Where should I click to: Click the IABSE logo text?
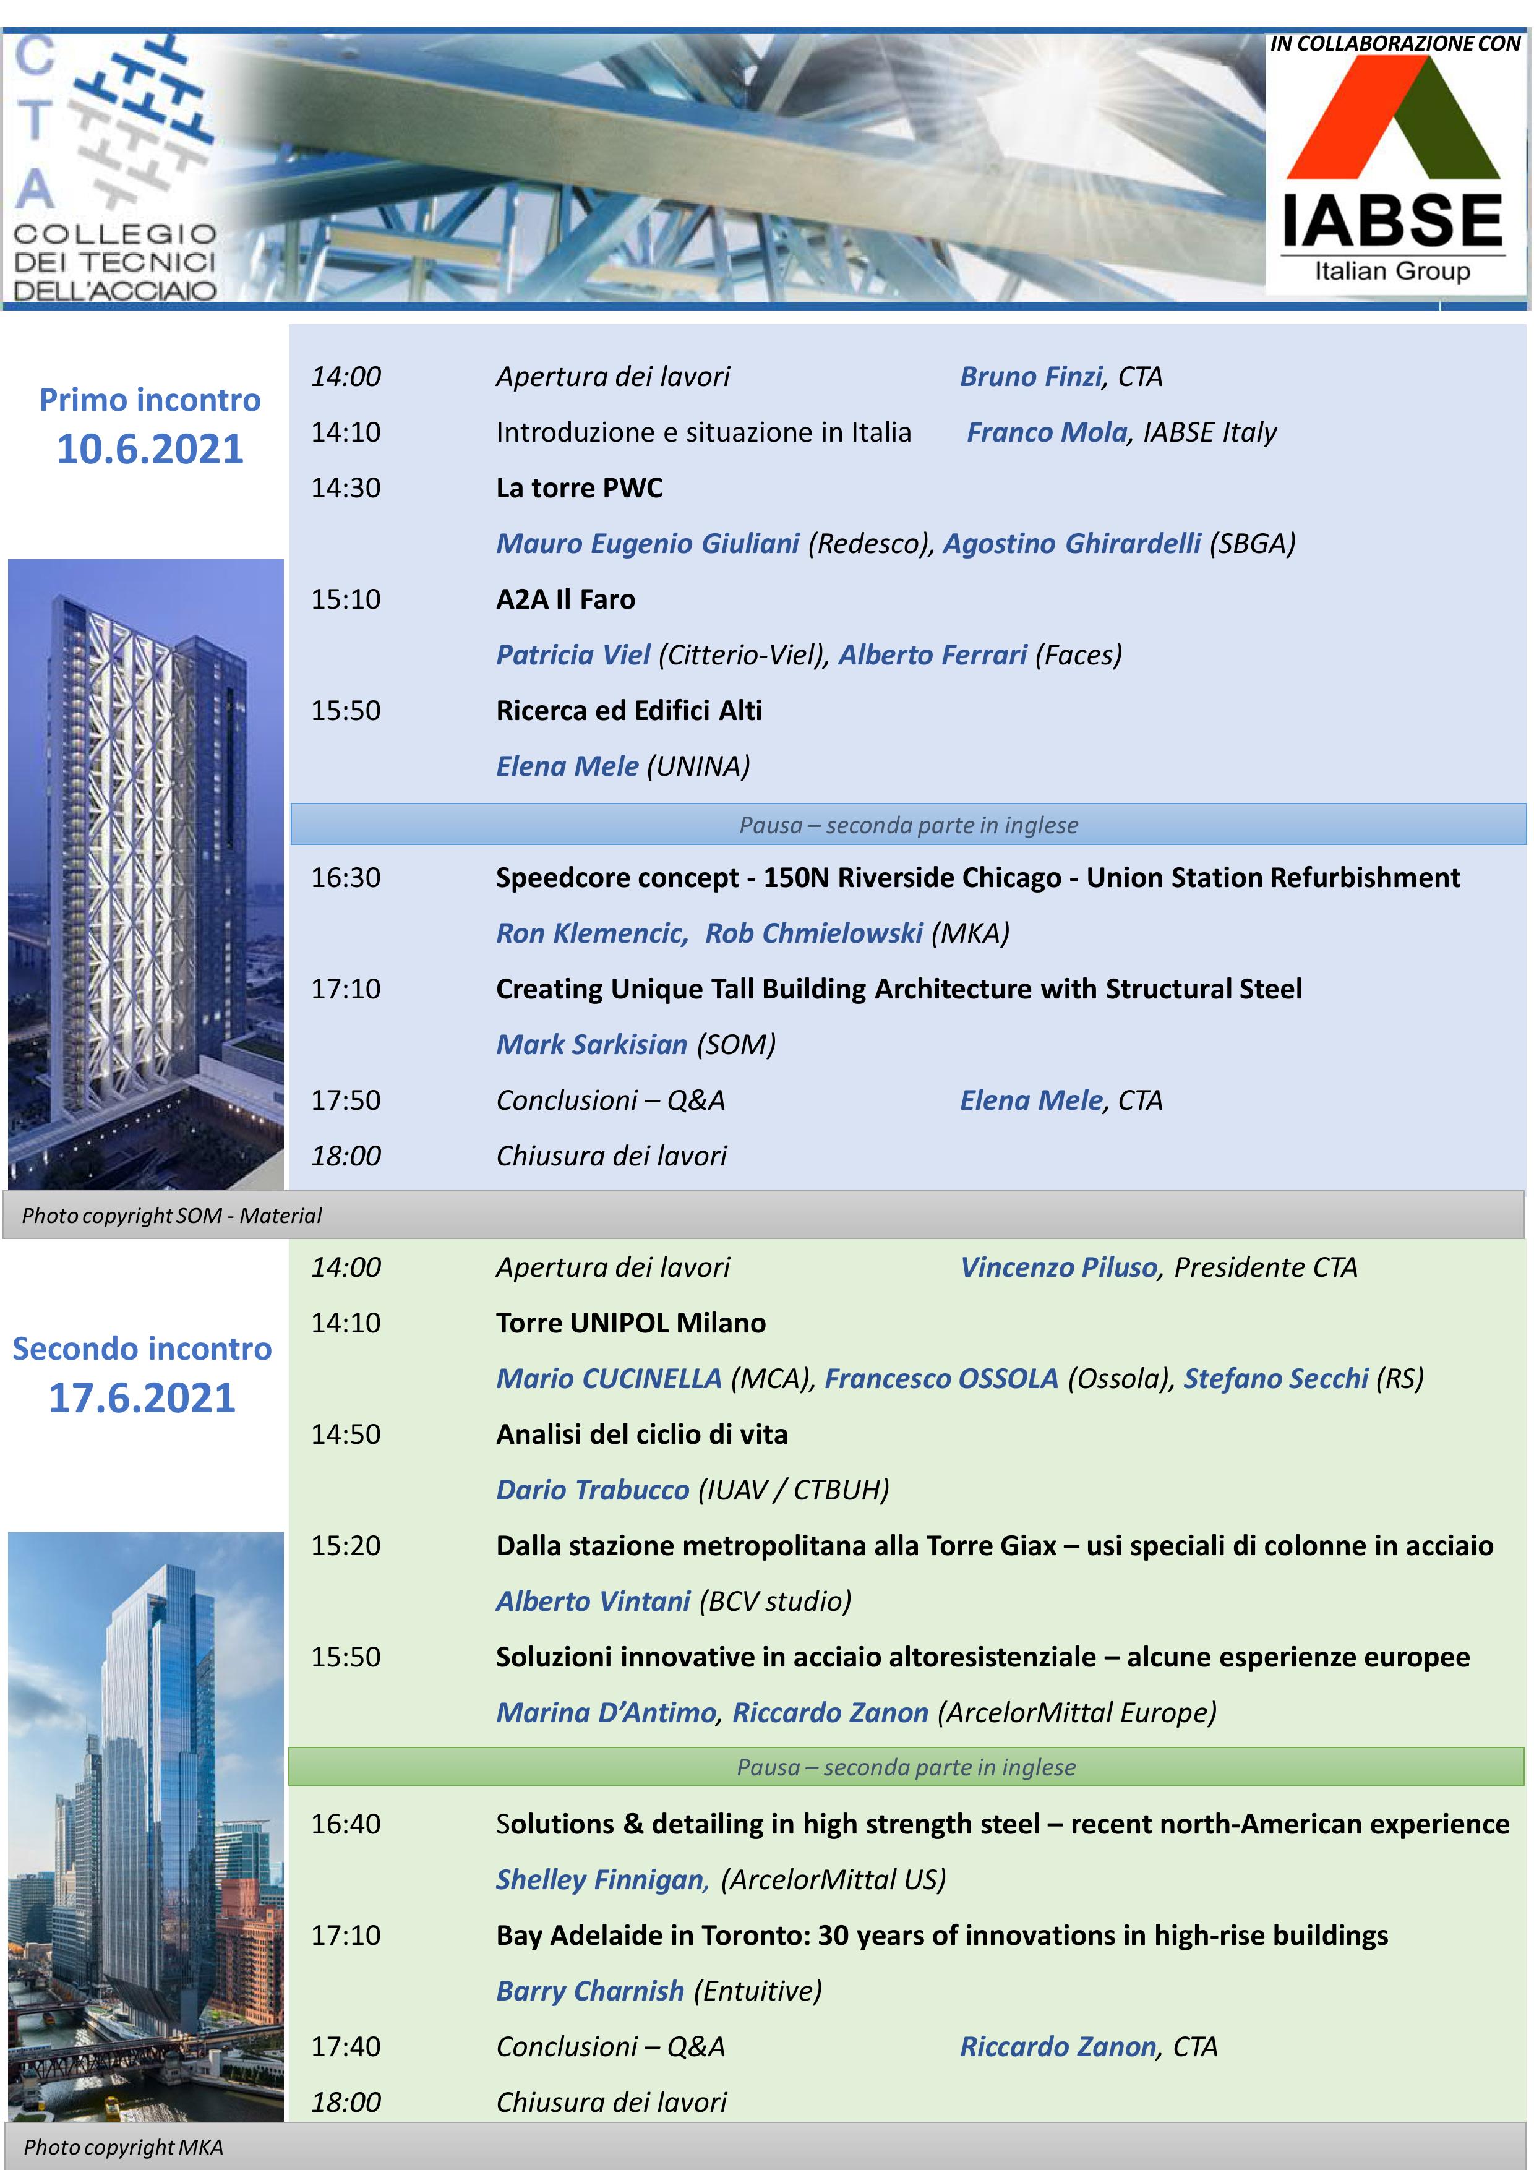[1391, 220]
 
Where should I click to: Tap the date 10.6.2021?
[150, 449]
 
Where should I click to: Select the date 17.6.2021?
[142, 1398]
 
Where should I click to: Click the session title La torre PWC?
[580, 487]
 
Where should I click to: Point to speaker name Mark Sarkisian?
[592, 1044]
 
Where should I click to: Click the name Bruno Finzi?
[1031, 376]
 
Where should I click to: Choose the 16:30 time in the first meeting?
[346, 877]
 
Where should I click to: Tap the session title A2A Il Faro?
[565, 599]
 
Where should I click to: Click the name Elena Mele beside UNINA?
[567, 766]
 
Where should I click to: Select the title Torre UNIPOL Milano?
[630, 1322]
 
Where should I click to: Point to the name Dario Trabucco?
[593, 1490]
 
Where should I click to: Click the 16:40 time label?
[346, 1823]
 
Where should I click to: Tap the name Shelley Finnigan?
[601, 1879]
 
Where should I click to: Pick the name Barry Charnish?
[589, 1991]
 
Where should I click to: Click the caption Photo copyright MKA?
[123, 2147]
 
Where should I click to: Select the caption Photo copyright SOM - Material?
[172, 1216]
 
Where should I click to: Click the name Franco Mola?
[1047, 432]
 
